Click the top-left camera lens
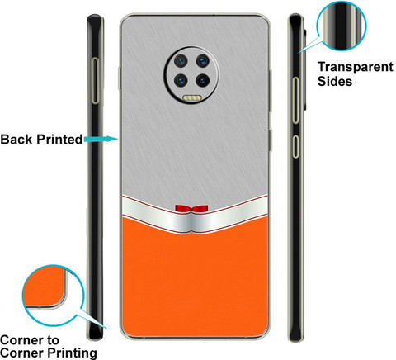pyautogui.click(x=181, y=60)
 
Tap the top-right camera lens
pyautogui.click(x=202, y=60)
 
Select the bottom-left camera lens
pyautogui.click(x=181, y=80)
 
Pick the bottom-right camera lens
pyautogui.click(x=202, y=80)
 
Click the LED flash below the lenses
pyautogui.click(x=192, y=98)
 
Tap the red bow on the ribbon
pyautogui.click(x=191, y=209)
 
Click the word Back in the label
pyautogui.click(x=16, y=140)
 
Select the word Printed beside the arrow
pyautogui.click(x=59, y=140)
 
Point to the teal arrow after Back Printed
pyautogui.click(x=101, y=139)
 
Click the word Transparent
pyautogui.click(x=356, y=68)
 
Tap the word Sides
pyautogui.click(x=335, y=82)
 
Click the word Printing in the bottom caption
pyautogui.click(x=73, y=353)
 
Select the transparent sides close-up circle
pyautogui.click(x=342, y=26)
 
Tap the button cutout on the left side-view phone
pyautogui.click(x=95, y=81)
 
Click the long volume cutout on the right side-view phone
pyautogui.click(x=295, y=100)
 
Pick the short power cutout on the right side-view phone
pyautogui.click(x=295, y=146)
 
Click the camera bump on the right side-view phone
pyautogui.click(x=304, y=69)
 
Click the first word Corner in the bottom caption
pyautogui.click(x=22, y=340)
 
